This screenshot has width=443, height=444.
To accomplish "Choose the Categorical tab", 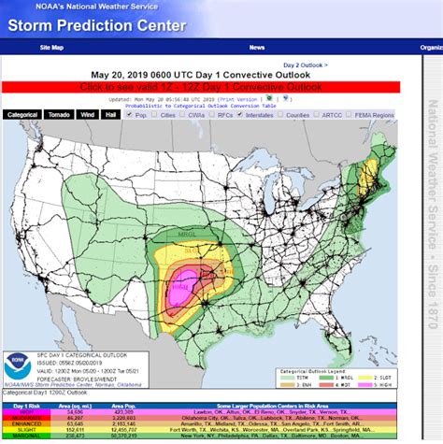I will click(x=21, y=115).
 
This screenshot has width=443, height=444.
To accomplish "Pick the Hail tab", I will click(x=111, y=115).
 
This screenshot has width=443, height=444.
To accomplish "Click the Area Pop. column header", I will click(x=124, y=405).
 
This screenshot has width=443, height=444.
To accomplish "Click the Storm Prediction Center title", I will click(x=98, y=25).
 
